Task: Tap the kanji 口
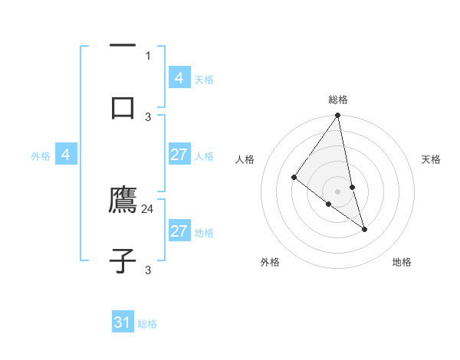123,106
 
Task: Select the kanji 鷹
123,201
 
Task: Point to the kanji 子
123,260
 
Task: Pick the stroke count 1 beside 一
148,55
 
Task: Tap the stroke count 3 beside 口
148,116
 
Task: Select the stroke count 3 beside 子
148,270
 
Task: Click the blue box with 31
123,322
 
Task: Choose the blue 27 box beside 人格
179,155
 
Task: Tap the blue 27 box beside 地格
179,231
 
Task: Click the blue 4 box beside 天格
179,79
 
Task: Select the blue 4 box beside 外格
65,155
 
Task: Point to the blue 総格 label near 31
147,324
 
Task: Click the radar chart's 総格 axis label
338,100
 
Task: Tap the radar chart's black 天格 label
431,159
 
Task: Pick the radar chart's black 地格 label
402,262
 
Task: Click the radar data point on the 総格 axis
338,116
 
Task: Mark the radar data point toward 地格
365,229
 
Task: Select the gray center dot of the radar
338,191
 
